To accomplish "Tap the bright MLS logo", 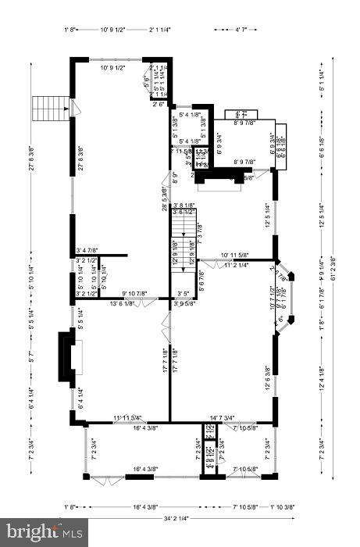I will click(42, 533).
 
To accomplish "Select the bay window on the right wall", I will click(286, 297).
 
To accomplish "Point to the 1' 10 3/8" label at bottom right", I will click(282, 507).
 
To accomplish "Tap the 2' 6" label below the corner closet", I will click(160, 104).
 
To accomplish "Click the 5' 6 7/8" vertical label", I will click(201, 279).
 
